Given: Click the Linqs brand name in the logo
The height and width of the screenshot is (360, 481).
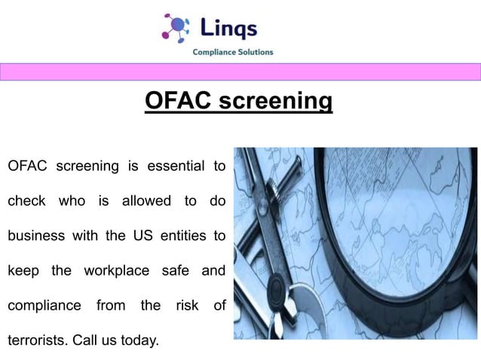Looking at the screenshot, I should tap(229, 28).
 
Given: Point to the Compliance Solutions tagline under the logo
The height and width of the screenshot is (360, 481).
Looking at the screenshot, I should tap(233, 52).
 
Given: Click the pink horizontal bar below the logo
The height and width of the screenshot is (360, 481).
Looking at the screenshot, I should tap(240, 72).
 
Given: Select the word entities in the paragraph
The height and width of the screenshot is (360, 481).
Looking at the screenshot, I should tap(182, 236).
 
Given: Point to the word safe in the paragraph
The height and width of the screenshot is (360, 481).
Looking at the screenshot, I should tap(175, 270).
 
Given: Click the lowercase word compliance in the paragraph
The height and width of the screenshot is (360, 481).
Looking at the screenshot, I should tap(44, 307).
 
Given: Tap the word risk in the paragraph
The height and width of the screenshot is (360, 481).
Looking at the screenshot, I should tap(186, 305).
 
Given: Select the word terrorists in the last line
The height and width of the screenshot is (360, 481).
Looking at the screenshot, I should tap(37, 340).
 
